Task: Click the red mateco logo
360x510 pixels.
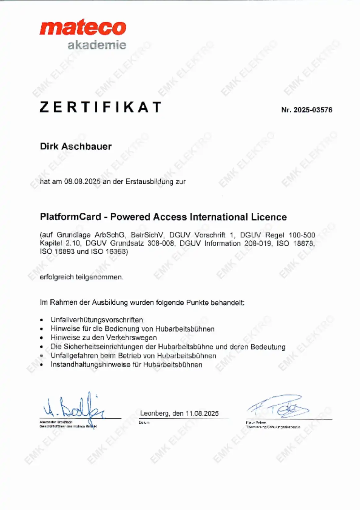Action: (83, 28)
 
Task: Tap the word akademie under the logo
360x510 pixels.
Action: (97, 45)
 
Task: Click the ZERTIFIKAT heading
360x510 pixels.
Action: (101, 107)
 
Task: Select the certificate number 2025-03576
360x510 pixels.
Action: (313, 110)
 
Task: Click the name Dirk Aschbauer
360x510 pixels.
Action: (76, 146)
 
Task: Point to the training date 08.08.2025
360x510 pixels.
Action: (82, 182)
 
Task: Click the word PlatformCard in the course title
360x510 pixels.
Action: (71, 217)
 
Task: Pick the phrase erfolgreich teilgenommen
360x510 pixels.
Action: (81, 277)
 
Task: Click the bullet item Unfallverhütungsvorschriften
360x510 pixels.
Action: (97, 319)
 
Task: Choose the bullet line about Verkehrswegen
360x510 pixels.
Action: (104, 337)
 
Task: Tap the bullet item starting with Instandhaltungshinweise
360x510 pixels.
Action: (126, 364)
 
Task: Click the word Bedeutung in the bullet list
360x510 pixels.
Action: (268, 347)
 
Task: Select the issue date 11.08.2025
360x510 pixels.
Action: (202, 414)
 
